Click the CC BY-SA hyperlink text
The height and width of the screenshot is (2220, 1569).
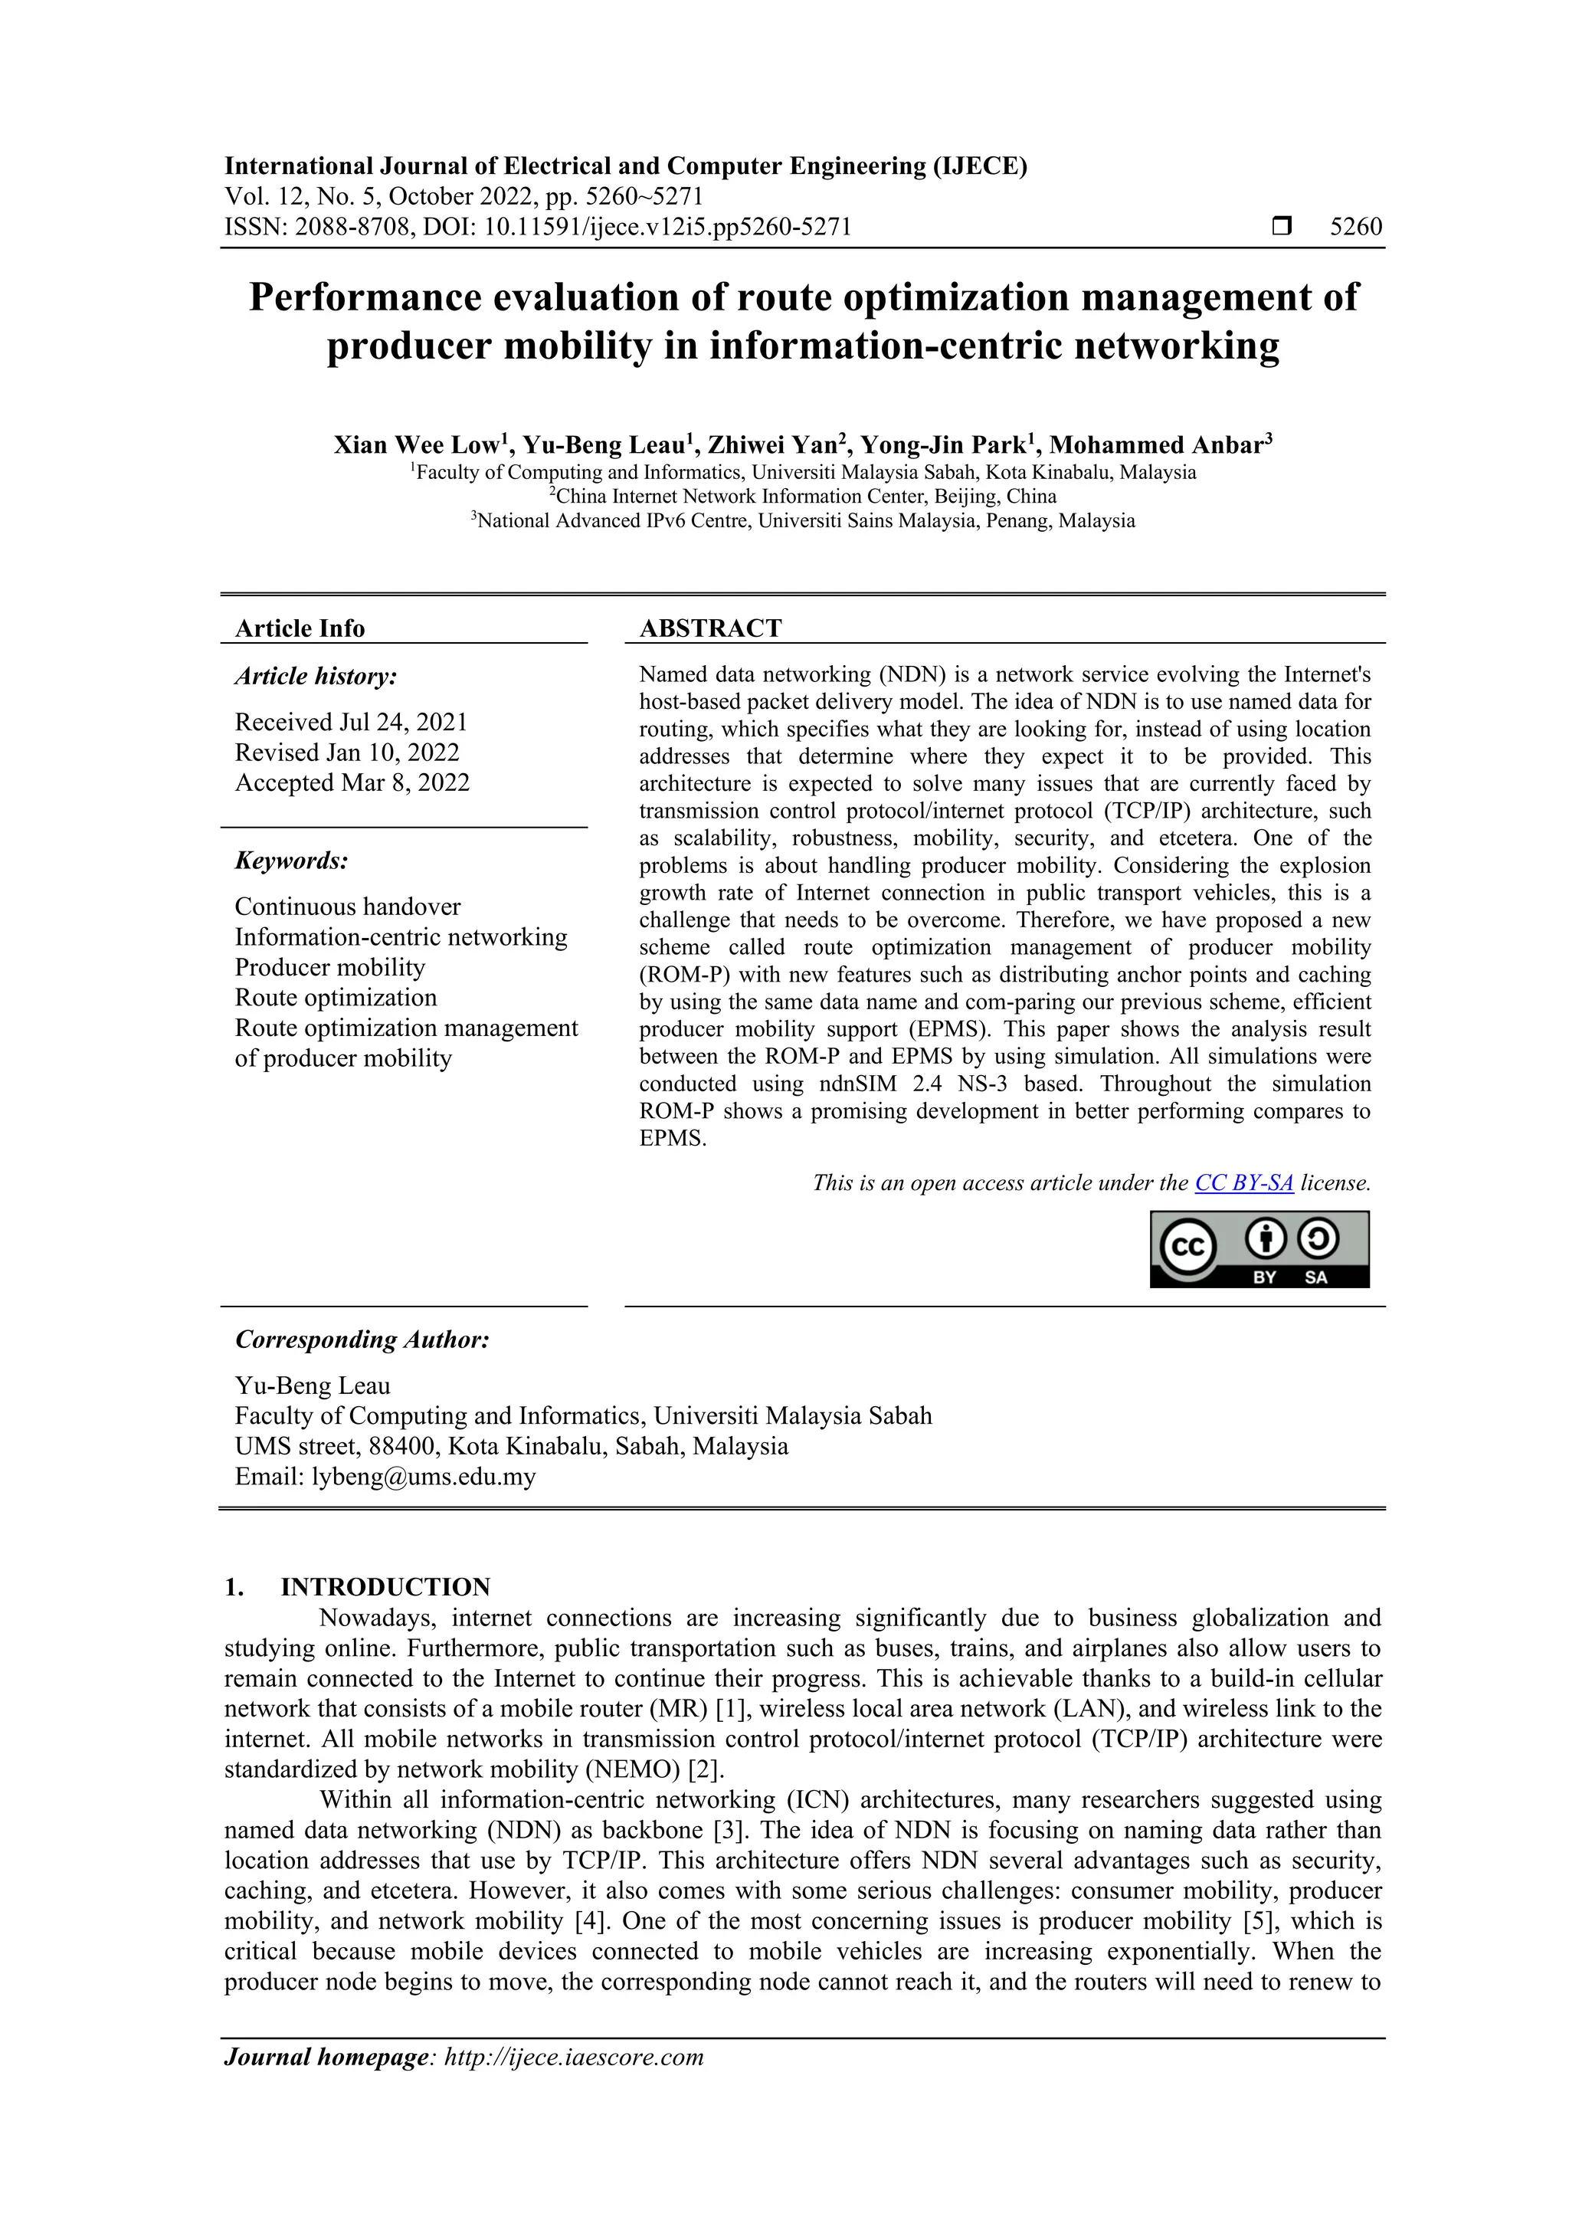(1243, 1182)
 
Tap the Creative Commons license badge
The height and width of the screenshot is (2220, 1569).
(1259, 1249)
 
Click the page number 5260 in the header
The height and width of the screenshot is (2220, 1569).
(1355, 228)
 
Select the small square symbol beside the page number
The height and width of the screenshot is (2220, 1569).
(1282, 228)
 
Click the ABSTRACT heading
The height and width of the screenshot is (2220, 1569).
(709, 628)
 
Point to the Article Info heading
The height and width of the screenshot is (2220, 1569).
(300, 628)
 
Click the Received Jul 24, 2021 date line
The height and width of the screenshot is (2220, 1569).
(351, 723)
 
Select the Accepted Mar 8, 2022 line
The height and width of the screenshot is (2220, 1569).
(352, 782)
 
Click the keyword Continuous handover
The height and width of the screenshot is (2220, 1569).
(347, 907)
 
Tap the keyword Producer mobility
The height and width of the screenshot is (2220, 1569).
(329, 968)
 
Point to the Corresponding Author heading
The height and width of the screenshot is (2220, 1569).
(362, 1340)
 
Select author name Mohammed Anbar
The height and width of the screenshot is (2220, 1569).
(1156, 446)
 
